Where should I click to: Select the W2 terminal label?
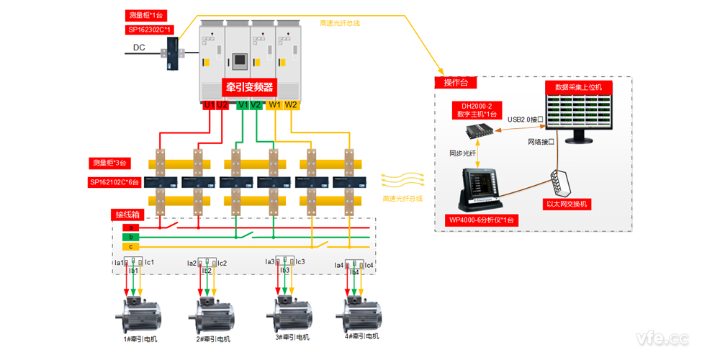point(291,105)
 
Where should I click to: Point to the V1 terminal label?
point(243,105)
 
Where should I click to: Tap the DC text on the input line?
point(139,48)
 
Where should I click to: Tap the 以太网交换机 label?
point(567,204)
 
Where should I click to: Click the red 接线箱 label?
point(128,215)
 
